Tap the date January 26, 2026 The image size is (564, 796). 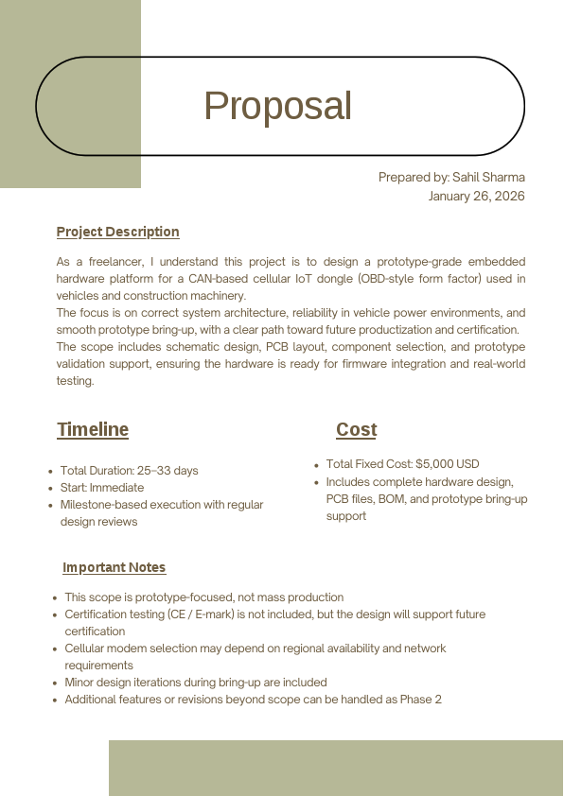pos(476,196)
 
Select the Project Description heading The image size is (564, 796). pos(117,232)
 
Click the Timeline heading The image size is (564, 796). pos(93,429)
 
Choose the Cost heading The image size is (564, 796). pos(356,429)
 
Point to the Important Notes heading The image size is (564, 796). pos(114,567)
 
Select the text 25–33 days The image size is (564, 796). pos(167,471)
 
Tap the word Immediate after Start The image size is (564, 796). pos(116,488)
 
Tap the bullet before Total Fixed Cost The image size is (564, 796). pos(316,465)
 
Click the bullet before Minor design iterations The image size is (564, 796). pos(55,683)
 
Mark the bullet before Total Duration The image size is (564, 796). pos(50,472)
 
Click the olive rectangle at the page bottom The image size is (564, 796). pos(335,768)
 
